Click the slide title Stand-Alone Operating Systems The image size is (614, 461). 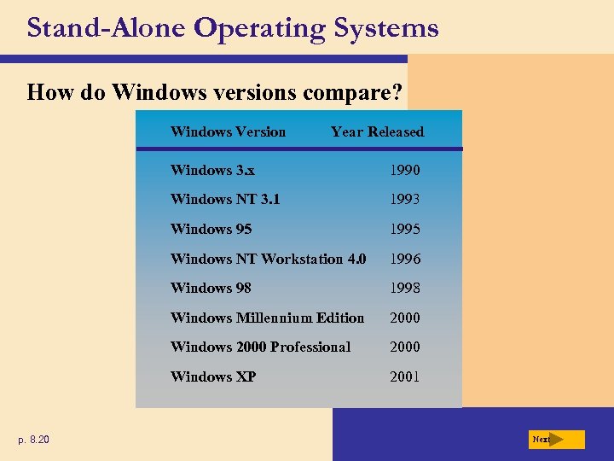(232, 28)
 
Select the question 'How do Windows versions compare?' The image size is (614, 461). (215, 91)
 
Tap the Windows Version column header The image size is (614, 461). (228, 131)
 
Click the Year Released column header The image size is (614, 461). (377, 131)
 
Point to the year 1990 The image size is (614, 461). (404, 170)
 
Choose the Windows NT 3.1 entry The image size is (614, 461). (225, 199)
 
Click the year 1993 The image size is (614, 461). (404, 199)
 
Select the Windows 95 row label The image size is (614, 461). (211, 229)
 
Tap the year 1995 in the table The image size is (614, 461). (404, 229)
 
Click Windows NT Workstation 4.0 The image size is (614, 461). (268, 259)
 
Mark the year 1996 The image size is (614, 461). (404, 259)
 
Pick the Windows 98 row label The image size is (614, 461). (211, 288)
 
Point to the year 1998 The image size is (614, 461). (404, 288)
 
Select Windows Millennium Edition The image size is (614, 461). (267, 318)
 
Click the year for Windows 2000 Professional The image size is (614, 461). (404, 347)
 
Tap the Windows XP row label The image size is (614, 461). (213, 376)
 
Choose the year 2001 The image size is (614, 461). (404, 376)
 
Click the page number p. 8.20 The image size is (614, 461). (34, 440)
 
